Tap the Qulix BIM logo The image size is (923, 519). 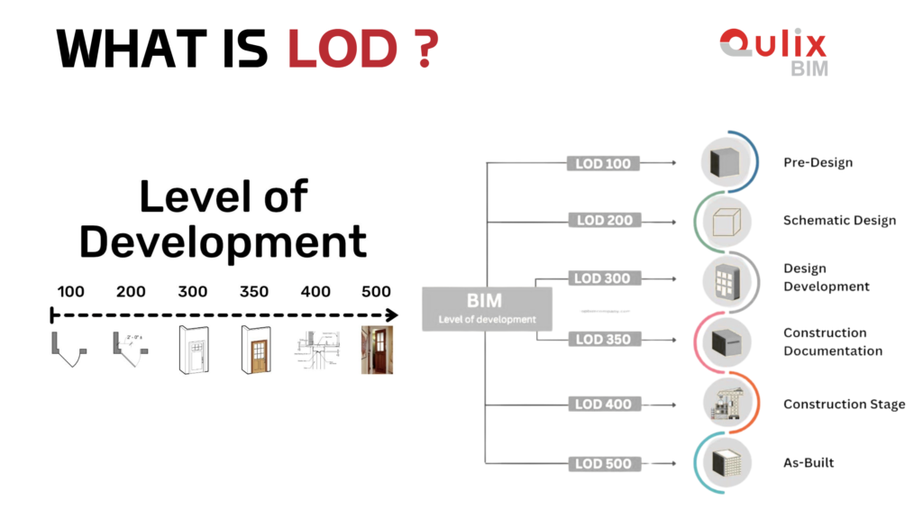tap(772, 52)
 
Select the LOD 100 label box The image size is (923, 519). tap(603, 164)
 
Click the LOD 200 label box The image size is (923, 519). tap(603, 220)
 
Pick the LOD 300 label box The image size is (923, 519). tap(603, 278)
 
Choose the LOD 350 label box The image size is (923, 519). tap(603, 339)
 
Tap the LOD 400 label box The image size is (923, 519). tap(603, 405)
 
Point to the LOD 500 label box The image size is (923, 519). tap(603, 464)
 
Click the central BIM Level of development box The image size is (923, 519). tap(487, 308)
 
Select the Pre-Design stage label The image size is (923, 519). tap(818, 163)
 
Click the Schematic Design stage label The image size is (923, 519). tap(839, 221)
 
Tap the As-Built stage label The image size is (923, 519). tap(809, 463)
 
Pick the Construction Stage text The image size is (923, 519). tap(844, 405)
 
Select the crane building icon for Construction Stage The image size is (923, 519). tap(727, 403)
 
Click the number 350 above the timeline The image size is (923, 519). tap(255, 292)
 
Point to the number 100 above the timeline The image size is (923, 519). tap(71, 292)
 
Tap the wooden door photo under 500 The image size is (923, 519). tap(377, 351)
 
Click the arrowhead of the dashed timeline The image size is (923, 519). tap(392, 315)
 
